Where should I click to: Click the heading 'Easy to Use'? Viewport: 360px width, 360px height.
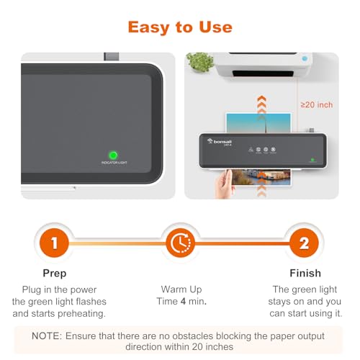coord(180,27)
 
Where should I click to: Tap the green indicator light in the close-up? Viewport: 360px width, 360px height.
coord(113,155)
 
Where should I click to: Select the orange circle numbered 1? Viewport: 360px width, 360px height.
coord(54,243)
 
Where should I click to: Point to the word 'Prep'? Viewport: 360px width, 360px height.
coord(54,273)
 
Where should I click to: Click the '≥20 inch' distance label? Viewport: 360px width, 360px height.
coord(316,105)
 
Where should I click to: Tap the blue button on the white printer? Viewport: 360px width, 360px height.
coord(306,58)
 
